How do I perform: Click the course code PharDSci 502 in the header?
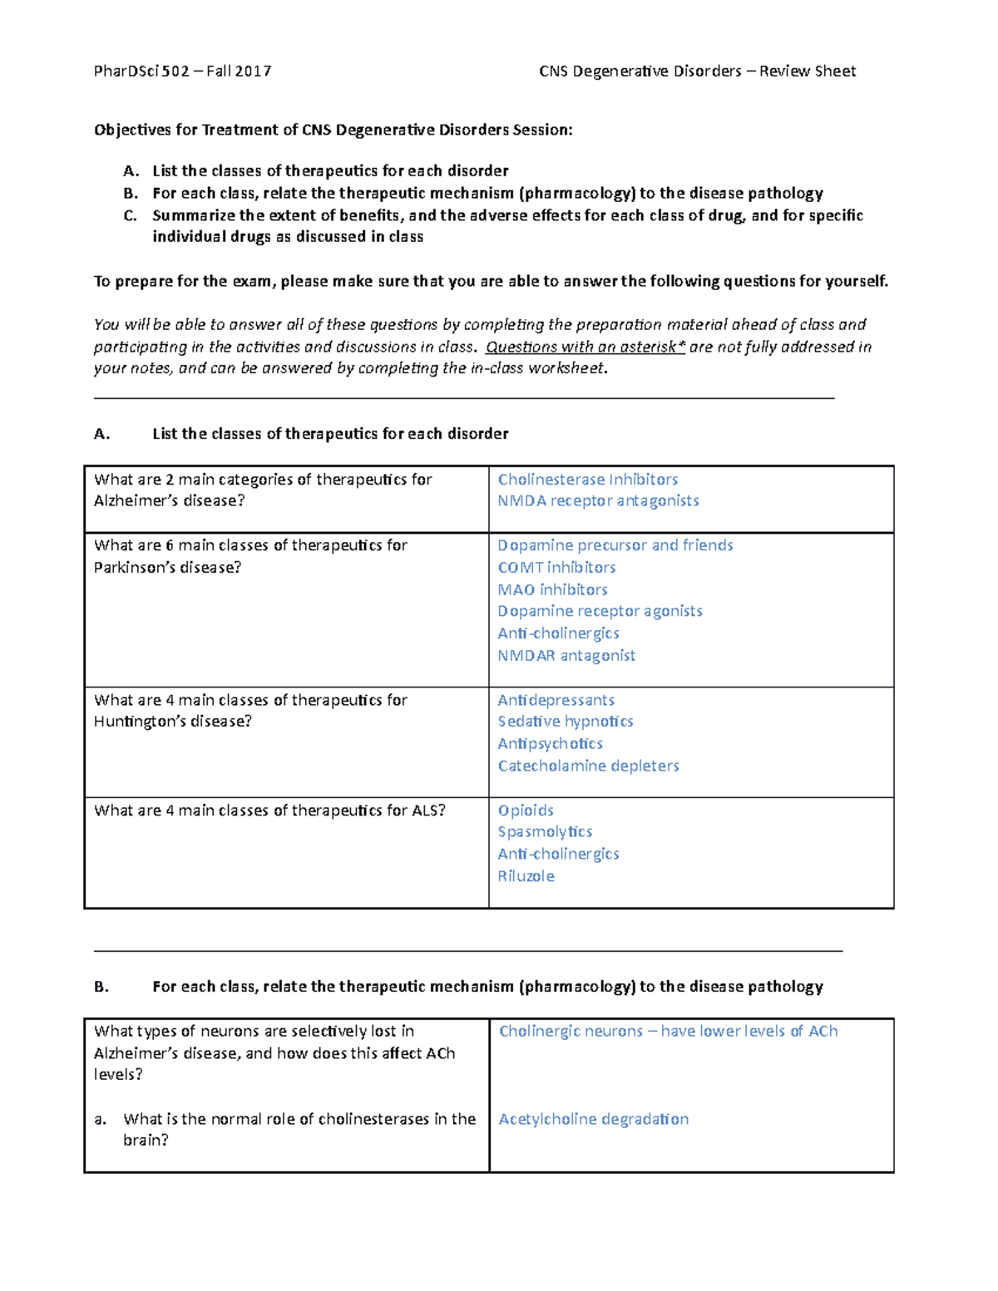[x=141, y=71]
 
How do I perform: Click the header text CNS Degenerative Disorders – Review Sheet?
[x=697, y=71]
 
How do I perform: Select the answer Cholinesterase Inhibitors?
[x=587, y=480]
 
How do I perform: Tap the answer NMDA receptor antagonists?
[x=598, y=500]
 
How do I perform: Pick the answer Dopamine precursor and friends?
[x=615, y=545]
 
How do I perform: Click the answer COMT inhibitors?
[x=556, y=568]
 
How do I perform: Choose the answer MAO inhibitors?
[x=552, y=589]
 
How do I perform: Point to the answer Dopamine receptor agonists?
[x=600, y=611]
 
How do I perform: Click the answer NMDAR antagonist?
[x=566, y=656]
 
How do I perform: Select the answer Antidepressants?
[x=556, y=700]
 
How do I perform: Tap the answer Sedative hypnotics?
[x=566, y=722]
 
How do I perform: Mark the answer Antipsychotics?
[x=550, y=744]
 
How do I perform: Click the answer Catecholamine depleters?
[x=588, y=766]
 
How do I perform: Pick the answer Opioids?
[x=526, y=811]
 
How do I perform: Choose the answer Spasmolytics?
[x=545, y=832]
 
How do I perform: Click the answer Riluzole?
[x=526, y=876]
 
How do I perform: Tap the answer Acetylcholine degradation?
[x=593, y=1119]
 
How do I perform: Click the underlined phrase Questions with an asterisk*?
[x=585, y=347]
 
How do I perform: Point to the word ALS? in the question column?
[x=428, y=811]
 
